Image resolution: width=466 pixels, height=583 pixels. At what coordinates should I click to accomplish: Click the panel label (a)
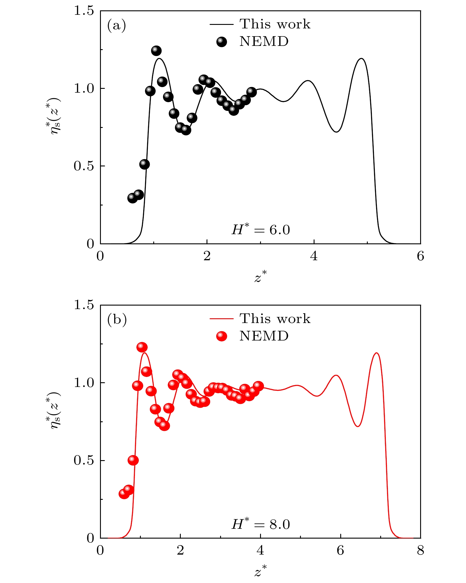pos(117,26)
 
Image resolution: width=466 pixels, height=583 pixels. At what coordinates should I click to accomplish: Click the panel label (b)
pos(117,320)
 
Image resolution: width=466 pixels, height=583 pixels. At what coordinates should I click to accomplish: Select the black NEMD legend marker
pos(222,42)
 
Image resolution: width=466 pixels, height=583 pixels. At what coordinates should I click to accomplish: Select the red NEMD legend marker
pos(222,336)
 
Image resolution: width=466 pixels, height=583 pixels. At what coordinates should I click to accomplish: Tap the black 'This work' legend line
pos(222,24)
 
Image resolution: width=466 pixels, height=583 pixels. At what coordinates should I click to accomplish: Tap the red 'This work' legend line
pos(222,319)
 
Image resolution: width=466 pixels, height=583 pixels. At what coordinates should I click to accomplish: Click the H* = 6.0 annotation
pos(261,230)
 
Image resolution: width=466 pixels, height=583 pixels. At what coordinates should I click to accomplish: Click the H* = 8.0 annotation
pos(261,524)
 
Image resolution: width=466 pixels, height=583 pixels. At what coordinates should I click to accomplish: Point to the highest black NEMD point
pos(156,51)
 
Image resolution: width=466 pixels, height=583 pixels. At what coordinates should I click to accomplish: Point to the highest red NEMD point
pos(142,347)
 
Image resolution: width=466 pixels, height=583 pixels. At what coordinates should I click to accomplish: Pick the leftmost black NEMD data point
pos(133,198)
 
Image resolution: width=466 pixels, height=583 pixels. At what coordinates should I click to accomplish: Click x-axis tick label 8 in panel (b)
pos(420,551)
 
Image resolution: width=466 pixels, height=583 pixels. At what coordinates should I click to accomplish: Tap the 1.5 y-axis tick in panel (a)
pos(83,11)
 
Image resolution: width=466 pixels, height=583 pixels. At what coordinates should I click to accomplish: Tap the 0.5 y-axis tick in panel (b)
pos(83,460)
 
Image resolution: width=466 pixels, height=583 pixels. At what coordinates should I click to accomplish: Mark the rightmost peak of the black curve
pos(361,58)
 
